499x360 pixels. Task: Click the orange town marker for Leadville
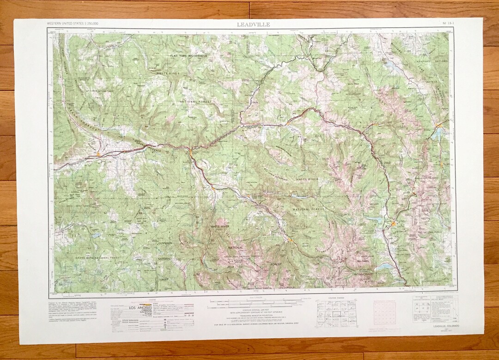pos(393,224)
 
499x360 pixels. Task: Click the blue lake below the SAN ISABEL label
pos(383,267)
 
